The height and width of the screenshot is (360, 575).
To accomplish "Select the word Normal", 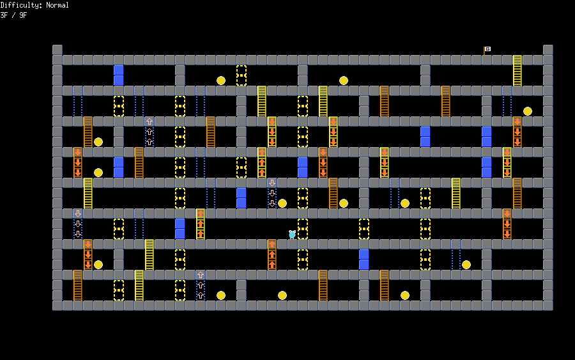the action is click(57, 5).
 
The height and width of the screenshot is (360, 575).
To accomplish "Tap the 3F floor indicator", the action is click(4, 15).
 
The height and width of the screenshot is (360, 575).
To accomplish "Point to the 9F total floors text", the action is click(23, 15).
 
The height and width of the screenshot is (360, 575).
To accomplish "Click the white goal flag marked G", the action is click(487, 49).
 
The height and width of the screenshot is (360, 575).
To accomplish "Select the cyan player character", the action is click(292, 234).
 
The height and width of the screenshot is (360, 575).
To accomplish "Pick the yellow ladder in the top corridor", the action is click(517, 70).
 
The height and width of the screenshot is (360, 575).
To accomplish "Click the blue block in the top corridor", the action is click(119, 75).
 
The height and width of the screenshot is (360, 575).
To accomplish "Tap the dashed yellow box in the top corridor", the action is click(241, 75).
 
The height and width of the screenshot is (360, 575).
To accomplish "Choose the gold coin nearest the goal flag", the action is click(528, 111).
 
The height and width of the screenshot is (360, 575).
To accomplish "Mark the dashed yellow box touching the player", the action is click(303, 228).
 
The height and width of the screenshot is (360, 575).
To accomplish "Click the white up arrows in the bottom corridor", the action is click(201, 285).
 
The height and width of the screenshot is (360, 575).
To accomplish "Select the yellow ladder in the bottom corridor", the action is click(139, 285).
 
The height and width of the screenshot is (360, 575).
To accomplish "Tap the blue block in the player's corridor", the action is click(180, 228).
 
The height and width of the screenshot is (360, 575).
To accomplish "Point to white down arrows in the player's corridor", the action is click(78, 224).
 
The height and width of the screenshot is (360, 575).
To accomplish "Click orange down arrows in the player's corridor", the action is click(507, 224).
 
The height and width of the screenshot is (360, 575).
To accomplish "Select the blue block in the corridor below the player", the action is click(364, 259).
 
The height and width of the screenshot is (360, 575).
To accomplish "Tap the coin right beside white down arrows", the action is click(282, 203).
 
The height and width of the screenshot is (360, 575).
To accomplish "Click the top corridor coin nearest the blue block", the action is click(221, 81).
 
